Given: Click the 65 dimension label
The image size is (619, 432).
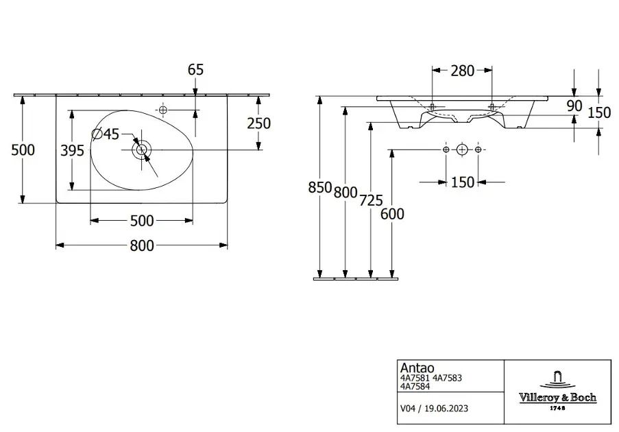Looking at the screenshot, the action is (195, 69).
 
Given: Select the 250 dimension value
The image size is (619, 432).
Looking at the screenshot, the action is (259, 123).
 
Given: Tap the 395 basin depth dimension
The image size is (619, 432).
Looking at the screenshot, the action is (72, 150).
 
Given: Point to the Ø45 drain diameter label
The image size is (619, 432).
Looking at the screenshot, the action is (106, 134).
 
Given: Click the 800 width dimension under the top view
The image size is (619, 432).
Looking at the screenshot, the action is (142, 245).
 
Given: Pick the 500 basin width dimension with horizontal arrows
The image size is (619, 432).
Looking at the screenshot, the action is (142, 221).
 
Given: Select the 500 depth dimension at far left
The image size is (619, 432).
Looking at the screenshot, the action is (23, 150).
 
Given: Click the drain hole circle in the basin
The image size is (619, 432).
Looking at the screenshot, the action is (142, 149).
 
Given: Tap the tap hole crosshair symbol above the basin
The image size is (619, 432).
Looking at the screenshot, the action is (162, 110).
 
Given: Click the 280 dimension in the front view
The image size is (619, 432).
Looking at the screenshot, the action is (462, 71).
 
